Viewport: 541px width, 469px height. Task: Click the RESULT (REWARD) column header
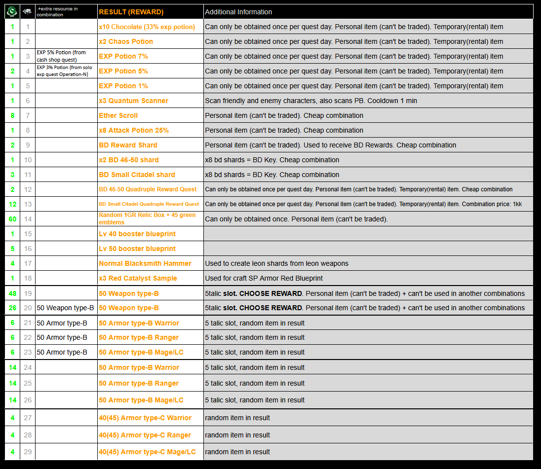click(x=131, y=12)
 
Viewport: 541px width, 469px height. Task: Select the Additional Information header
click(x=238, y=12)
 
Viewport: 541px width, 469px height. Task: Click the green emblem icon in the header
click(x=12, y=11)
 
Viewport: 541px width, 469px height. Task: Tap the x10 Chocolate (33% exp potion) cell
click(x=147, y=27)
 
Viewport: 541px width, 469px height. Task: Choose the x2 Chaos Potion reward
click(x=126, y=41)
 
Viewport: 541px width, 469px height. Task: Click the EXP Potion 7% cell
click(x=123, y=56)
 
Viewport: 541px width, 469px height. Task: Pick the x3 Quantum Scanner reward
click(x=133, y=101)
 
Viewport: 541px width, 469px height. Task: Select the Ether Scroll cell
click(x=118, y=115)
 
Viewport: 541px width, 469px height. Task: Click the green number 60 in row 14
click(x=12, y=219)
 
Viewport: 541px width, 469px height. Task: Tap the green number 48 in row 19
click(x=12, y=293)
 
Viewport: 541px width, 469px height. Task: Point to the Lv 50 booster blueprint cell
click(x=137, y=249)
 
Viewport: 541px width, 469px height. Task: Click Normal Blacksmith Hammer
click(x=145, y=263)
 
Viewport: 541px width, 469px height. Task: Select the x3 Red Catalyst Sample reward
click(x=138, y=278)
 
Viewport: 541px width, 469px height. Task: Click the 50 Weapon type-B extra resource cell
click(x=65, y=308)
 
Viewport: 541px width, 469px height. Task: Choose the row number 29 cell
click(x=28, y=452)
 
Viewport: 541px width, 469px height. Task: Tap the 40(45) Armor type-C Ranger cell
click(x=145, y=435)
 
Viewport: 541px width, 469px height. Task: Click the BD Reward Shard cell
click(x=128, y=145)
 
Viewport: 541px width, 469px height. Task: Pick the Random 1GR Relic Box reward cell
click(x=147, y=218)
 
